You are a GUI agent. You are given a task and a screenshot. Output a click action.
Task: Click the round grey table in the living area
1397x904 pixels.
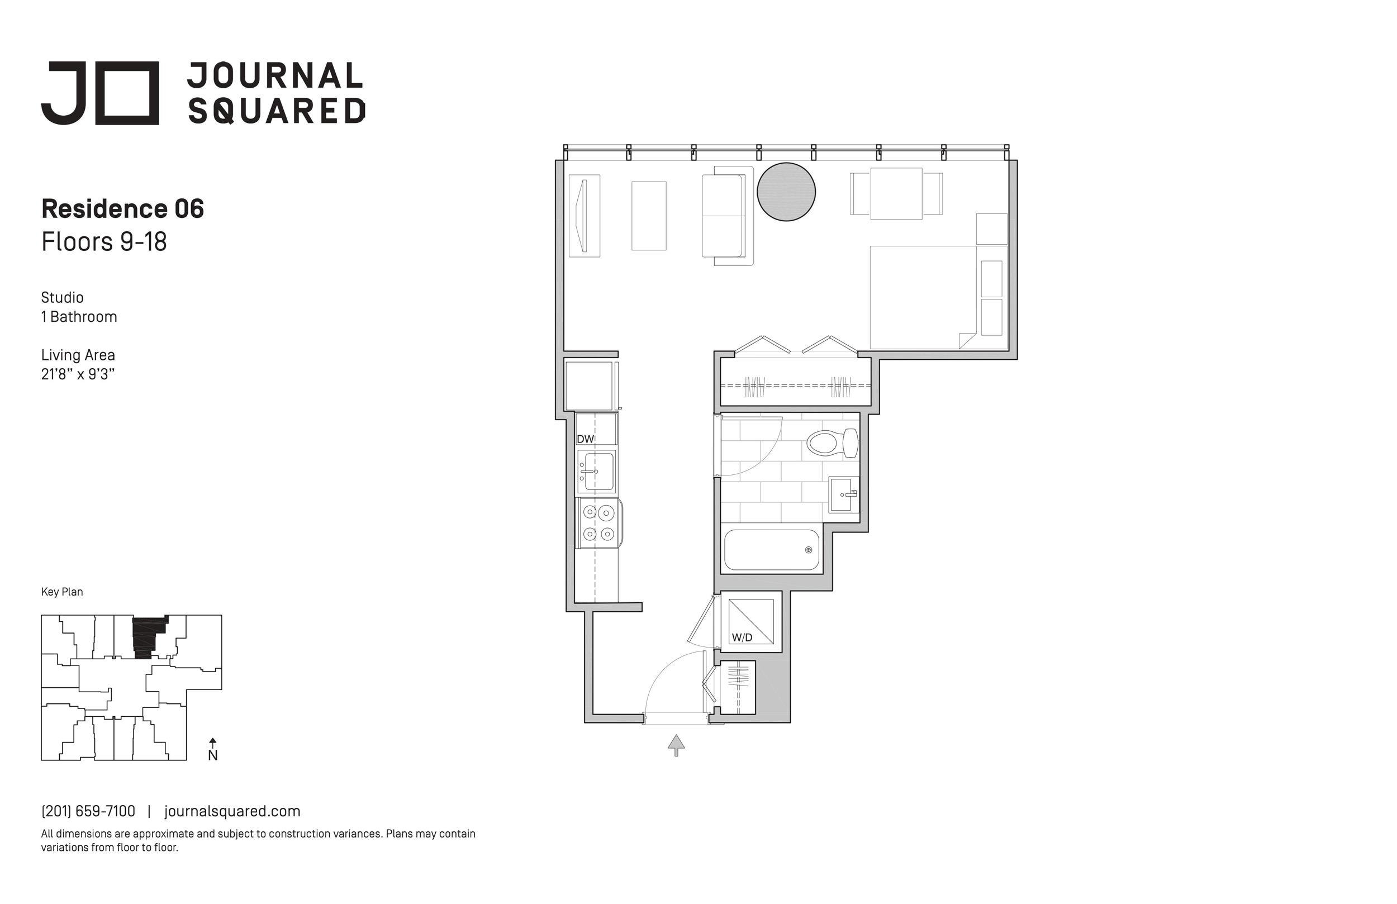click(786, 192)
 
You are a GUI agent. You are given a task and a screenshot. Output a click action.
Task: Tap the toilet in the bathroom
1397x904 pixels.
click(832, 443)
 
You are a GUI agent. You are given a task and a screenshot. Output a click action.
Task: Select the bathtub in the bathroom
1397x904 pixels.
click(771, 549)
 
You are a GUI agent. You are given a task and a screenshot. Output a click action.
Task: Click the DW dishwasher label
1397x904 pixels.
click(585, 439)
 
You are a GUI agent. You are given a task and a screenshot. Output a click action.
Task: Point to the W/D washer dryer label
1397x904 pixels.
click(742, 637)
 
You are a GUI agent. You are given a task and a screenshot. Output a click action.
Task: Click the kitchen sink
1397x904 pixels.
click(597, 472)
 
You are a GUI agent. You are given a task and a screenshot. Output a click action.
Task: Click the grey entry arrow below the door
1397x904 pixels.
click(676, 745)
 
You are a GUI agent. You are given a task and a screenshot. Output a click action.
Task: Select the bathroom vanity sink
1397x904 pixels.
click(843, 494)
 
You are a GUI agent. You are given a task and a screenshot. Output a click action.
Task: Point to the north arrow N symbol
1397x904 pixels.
click(213, 750)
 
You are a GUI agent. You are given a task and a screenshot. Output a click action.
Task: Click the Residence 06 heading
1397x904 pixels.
click(123, 208)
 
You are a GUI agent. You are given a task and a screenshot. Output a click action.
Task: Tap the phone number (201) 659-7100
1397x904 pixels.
click(88, 811)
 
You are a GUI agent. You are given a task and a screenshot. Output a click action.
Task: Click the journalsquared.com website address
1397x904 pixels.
click(232, 811)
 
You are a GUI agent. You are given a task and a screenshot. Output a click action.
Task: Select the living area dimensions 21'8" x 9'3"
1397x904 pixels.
click(78, 374)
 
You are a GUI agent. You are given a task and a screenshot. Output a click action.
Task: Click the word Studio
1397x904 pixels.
click(62, 298)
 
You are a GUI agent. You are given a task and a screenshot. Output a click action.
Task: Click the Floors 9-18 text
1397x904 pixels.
click(104, 241)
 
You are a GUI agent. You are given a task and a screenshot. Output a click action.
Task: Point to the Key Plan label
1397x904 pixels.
click(62, 592)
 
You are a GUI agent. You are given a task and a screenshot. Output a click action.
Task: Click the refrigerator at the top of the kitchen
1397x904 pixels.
click(590, 386)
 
